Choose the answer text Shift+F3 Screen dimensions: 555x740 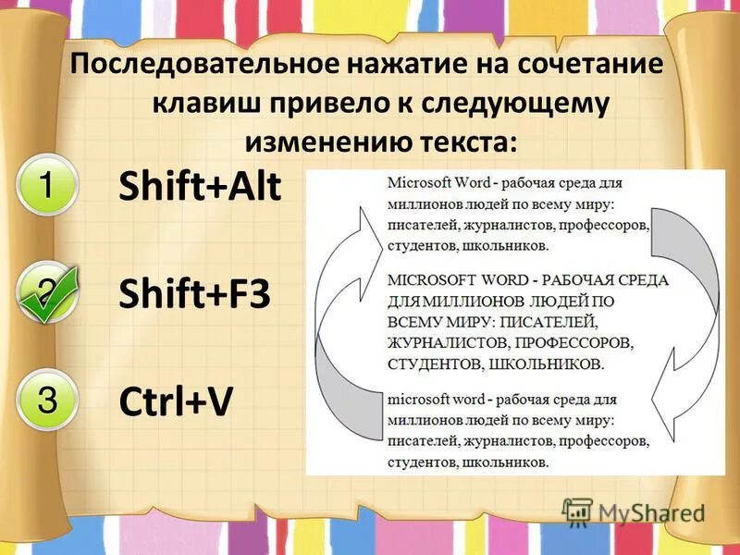(194, 295)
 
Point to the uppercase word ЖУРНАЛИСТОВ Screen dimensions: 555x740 (448, 343)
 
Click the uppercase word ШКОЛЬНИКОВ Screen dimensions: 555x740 (546, 364)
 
